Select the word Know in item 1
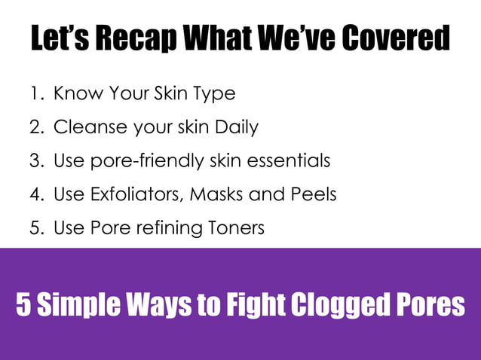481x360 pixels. click(x=75, y=94)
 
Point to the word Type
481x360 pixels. click(x=215, y=94)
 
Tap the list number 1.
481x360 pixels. click(x=36, y=94)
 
